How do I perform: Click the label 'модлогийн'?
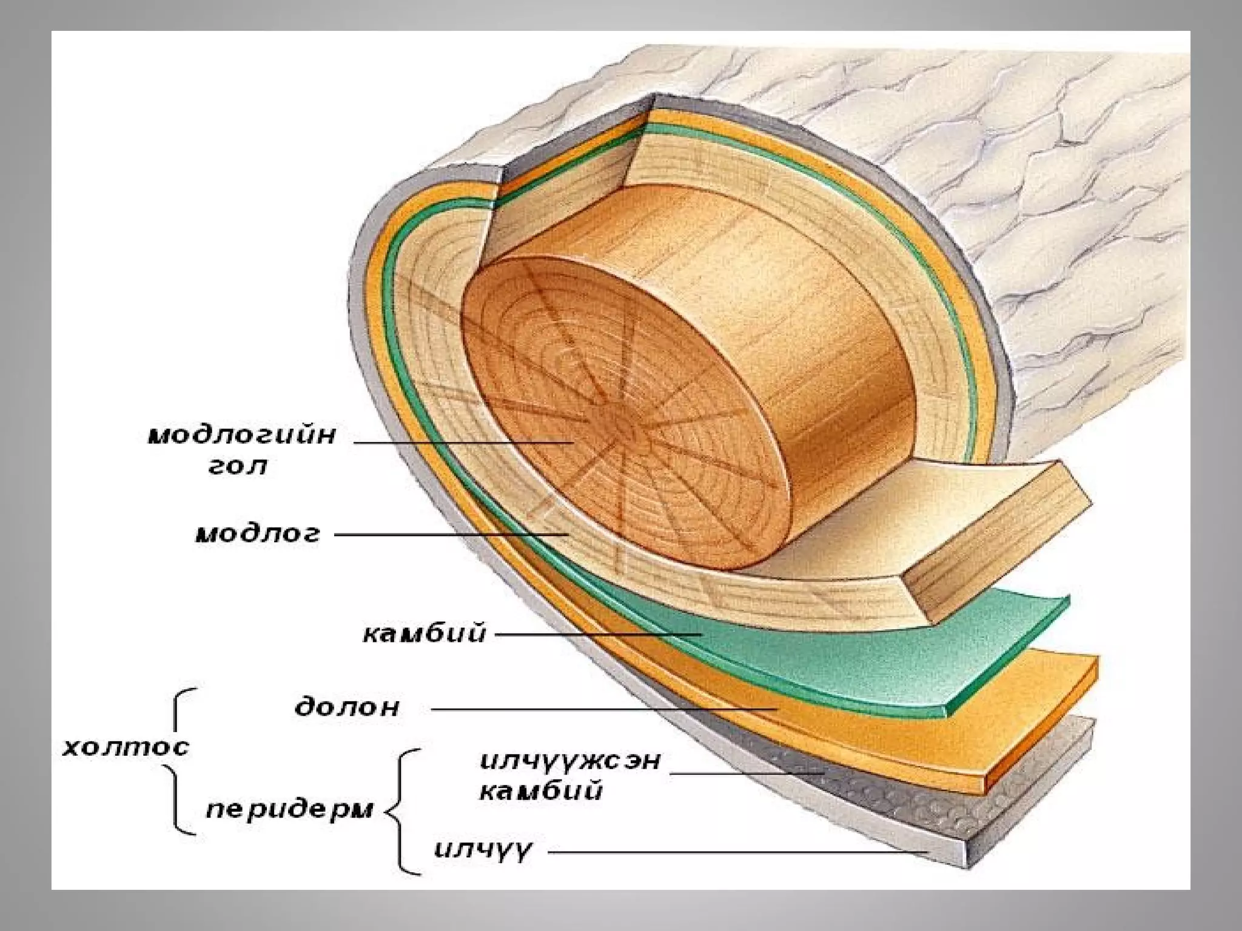point(241,436)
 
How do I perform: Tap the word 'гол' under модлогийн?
point(238,467)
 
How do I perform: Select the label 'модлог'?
point(257,535)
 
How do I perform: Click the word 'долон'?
point(347,708)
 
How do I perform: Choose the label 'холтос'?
point(126,747)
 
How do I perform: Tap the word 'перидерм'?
point(289,811)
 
